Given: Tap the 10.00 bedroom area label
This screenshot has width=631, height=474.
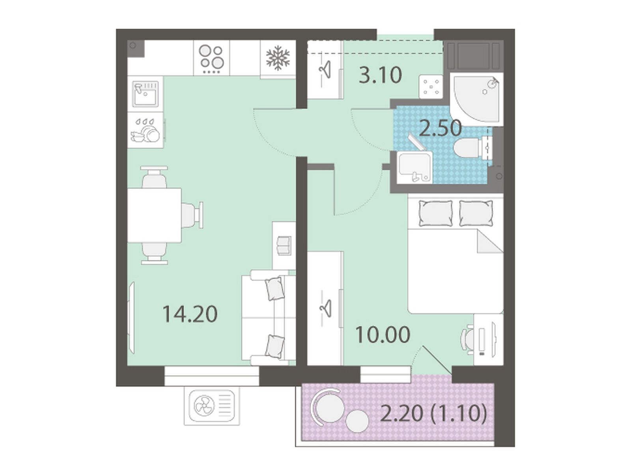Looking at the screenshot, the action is pos(382,335).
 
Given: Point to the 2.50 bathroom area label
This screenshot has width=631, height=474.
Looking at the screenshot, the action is pos(441,128).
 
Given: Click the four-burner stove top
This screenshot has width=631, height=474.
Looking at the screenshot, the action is pos(211,59).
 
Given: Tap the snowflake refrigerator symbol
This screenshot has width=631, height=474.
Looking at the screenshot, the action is pos(278,58).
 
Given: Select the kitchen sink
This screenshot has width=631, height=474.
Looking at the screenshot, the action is pos(146,94).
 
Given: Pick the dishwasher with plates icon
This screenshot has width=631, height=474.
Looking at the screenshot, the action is pos(146,130).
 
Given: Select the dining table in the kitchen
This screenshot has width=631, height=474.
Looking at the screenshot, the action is pos(154,215).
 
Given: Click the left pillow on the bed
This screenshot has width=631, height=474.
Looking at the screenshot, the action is pos(435,213).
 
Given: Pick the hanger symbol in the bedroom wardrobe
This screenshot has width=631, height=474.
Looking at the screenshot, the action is pos(325,308).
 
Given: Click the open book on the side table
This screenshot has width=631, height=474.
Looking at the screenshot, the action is pos(284,245).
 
